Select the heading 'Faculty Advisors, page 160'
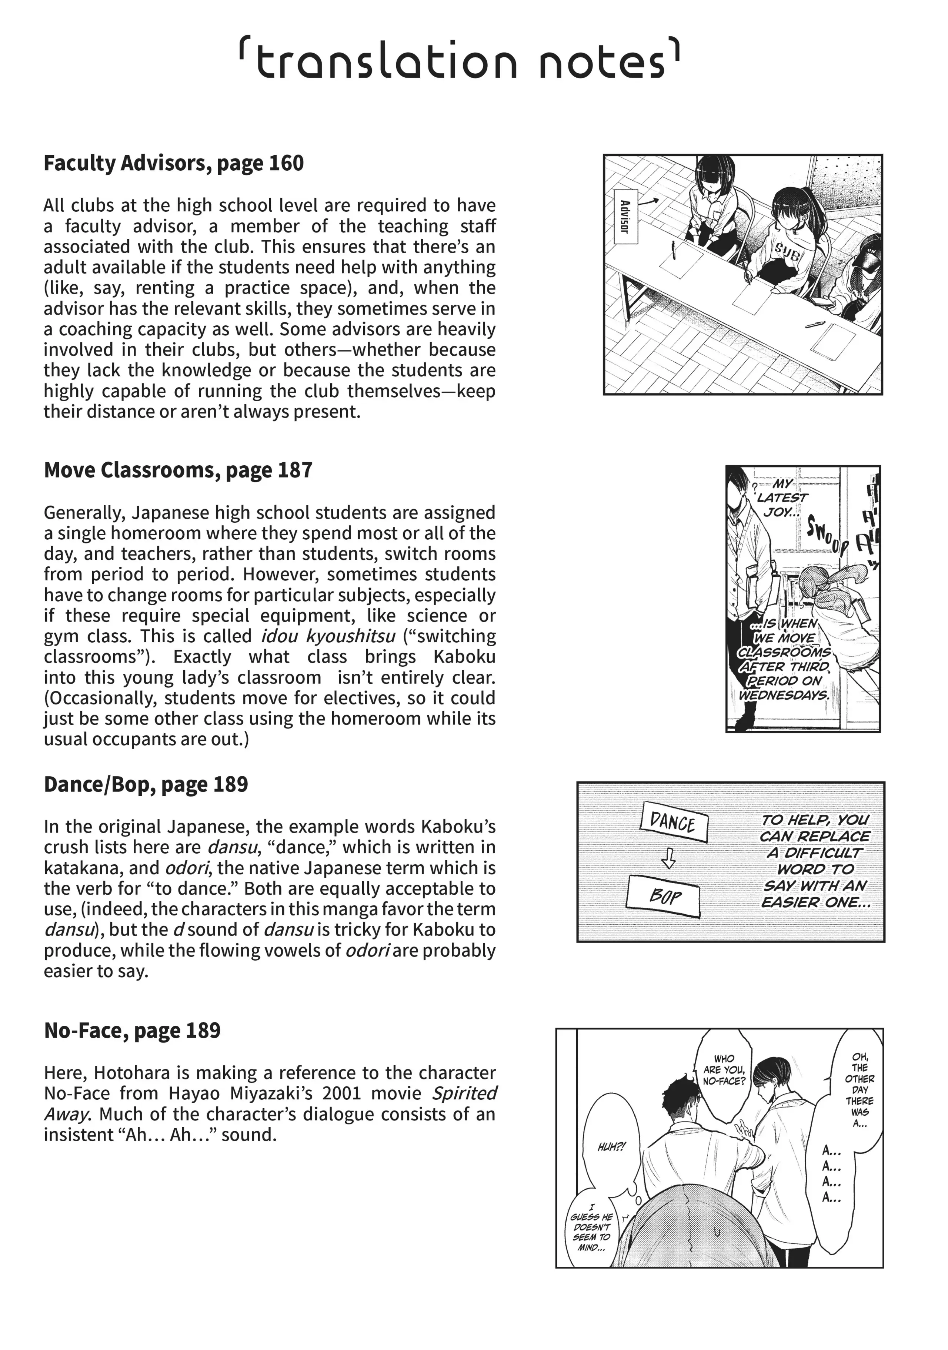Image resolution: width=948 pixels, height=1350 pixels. (x=173, y=164)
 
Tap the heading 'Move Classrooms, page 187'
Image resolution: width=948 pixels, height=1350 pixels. (x=178, y=470)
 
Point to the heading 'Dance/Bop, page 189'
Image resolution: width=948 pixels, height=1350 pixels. (x=146, y=784)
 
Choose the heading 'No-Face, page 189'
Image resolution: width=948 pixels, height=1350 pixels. (x=132, y=1031)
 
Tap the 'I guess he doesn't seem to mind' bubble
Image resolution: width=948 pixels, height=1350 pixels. (x=590, y=1230)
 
